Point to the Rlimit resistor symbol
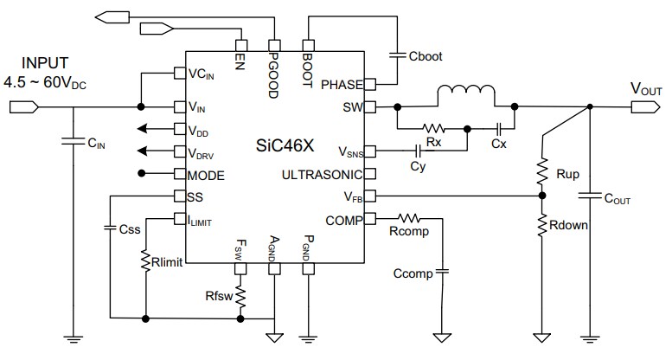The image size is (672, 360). pyautogui.click(x=146, y=260)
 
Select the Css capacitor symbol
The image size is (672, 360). pyautogui.click(x=111, y=228)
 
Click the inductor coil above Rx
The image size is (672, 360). pyautogui.click(x=466, y=93)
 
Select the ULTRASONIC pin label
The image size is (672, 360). pyautogui.click(x=327, y=175)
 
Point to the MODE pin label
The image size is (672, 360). pyautogui.click(x=206, y=175)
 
